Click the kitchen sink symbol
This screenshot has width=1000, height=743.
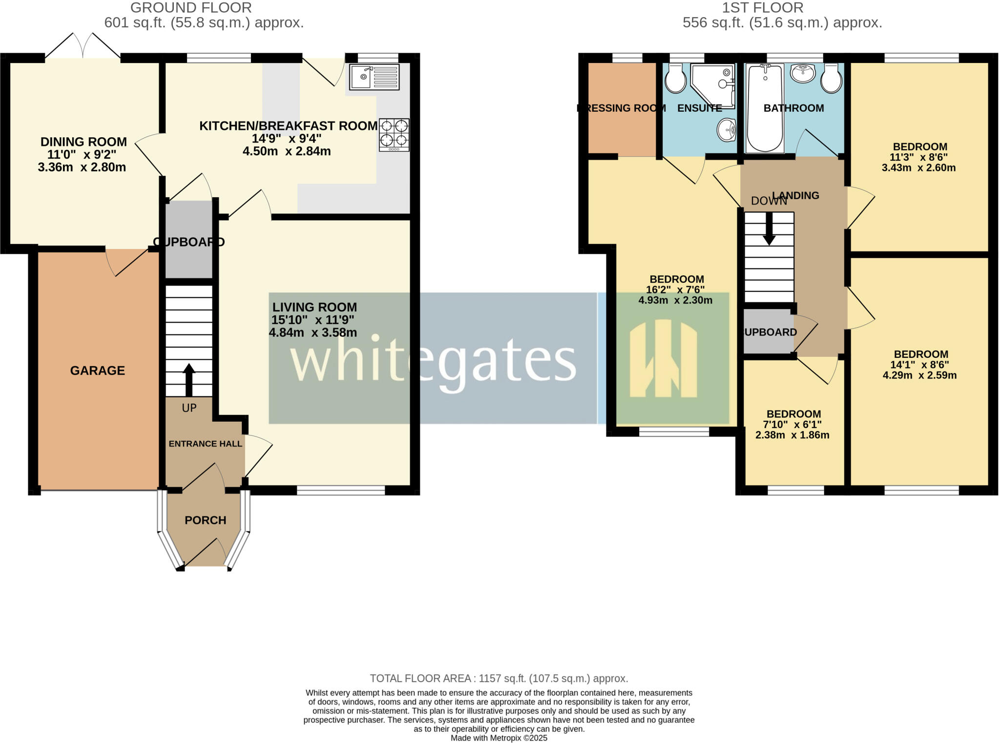coord(375,77)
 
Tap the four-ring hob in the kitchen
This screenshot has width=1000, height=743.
coord(394,134)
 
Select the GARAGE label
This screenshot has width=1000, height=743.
coord(98,371)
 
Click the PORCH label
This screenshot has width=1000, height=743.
coord(205,520)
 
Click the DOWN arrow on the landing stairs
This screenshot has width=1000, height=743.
coord(769,229)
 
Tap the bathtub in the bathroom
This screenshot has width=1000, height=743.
coord(765,108)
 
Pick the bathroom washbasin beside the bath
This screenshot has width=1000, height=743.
coord(802,74)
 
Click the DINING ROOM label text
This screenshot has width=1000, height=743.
coord(83,142)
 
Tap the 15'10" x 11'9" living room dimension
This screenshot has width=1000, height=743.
coord(313,320)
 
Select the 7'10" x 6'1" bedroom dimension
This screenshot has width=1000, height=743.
coord(792,425)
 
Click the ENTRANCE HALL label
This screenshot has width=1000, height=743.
coord(205,444)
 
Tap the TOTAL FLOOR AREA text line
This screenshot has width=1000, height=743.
coord(499,679)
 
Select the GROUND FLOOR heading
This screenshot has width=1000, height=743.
coord(191,8)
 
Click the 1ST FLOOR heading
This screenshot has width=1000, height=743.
coord(762,8)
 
